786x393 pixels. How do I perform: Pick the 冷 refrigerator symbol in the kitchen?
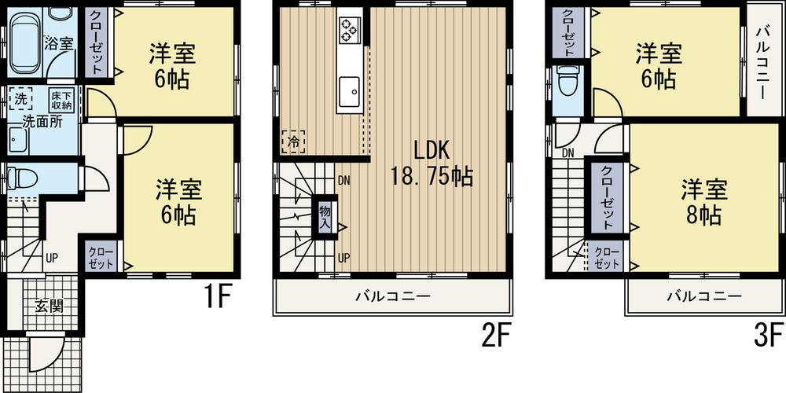click(x=292, y=141)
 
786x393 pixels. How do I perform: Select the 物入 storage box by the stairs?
click(x=324, y=216)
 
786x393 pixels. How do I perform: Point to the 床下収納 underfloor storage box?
click(x=62, y=100)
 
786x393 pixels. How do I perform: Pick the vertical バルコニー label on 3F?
click(x=762, y=61)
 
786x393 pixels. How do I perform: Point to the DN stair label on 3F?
click(x=568, y=152)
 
